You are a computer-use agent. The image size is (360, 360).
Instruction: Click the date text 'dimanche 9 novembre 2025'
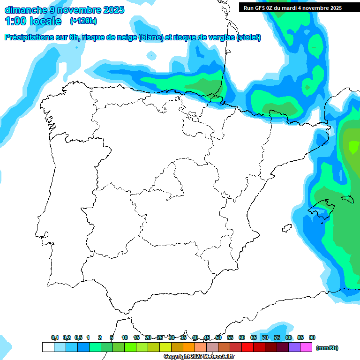point(64,10)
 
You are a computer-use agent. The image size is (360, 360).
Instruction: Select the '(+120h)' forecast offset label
point(83,21)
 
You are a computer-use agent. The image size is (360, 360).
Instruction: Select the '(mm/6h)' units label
point(327,348)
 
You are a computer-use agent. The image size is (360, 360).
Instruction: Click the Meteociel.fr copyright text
point(199,357)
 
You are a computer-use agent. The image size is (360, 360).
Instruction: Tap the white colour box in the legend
point(48,347)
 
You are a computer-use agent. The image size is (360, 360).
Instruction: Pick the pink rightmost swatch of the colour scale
point(306,347)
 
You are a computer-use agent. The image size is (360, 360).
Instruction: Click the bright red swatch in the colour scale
point(247,347)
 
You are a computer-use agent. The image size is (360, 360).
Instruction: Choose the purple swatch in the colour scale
point(294,347)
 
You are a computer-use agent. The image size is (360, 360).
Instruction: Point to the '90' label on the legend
point(312,337)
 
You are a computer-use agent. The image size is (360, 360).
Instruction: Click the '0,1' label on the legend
point(55,337)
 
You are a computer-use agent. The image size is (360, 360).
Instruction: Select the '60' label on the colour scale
point(242,337)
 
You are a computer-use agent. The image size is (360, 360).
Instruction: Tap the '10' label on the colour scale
point(125,337)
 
